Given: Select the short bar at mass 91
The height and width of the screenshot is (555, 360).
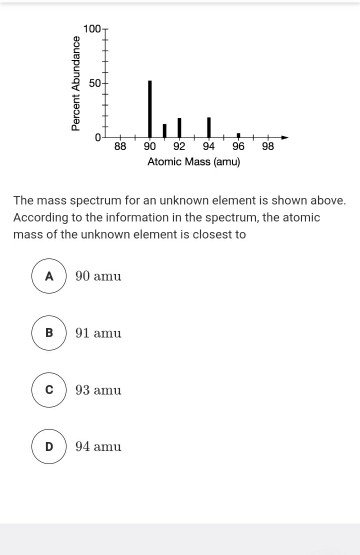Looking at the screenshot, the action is (x=165, y=130).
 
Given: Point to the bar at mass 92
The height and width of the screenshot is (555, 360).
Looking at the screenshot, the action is (x=179, y=127).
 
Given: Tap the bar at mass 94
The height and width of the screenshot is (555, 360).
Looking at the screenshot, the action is (x=208, y=126).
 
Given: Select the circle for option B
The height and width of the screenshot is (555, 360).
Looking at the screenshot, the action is (x=48, y=332).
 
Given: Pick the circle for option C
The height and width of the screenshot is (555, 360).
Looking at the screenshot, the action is (x=48, y=389).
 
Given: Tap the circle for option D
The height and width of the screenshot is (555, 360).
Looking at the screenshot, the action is (x=48, y=446).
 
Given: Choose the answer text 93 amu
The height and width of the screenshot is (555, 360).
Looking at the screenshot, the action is (x=98, y=389).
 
